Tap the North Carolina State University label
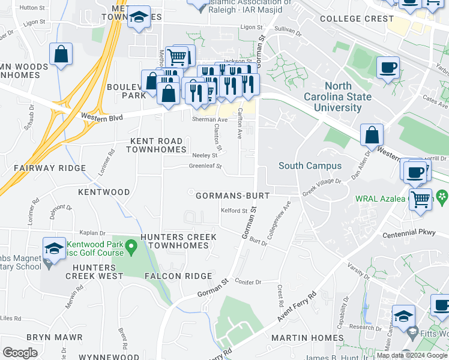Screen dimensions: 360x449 coord(343,97)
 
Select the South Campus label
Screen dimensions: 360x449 coord(310,166)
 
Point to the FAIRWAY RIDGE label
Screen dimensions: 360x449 coord(50,168)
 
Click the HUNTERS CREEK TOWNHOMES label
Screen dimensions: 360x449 coord(178,241)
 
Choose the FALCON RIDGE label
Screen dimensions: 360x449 coord(178,276)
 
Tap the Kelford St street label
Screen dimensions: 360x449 coord(234,211)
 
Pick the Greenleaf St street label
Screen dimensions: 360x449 coord(205,166)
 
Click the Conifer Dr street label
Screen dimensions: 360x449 coord(249,281)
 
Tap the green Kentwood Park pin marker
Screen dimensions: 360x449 coord(136,246)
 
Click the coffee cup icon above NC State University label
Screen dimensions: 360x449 coord(388,67)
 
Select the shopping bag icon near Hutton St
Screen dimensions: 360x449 coord(61,55)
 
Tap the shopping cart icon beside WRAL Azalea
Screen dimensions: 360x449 coord(421,199)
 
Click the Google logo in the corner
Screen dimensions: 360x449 coord(20,353)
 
